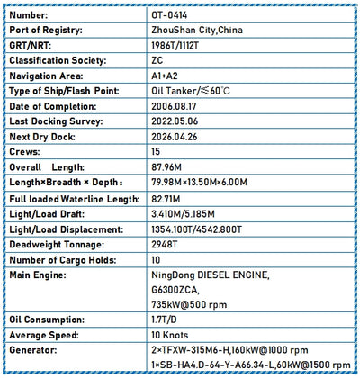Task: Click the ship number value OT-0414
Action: (x=172, y=15)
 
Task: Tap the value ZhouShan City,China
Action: (x=198, y=30)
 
